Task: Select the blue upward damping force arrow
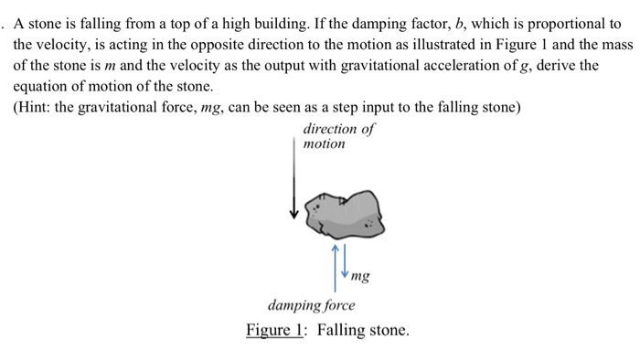336,261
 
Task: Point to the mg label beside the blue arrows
359,274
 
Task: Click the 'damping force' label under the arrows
311,304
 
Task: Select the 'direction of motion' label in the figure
338,136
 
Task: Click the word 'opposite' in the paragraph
227,44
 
